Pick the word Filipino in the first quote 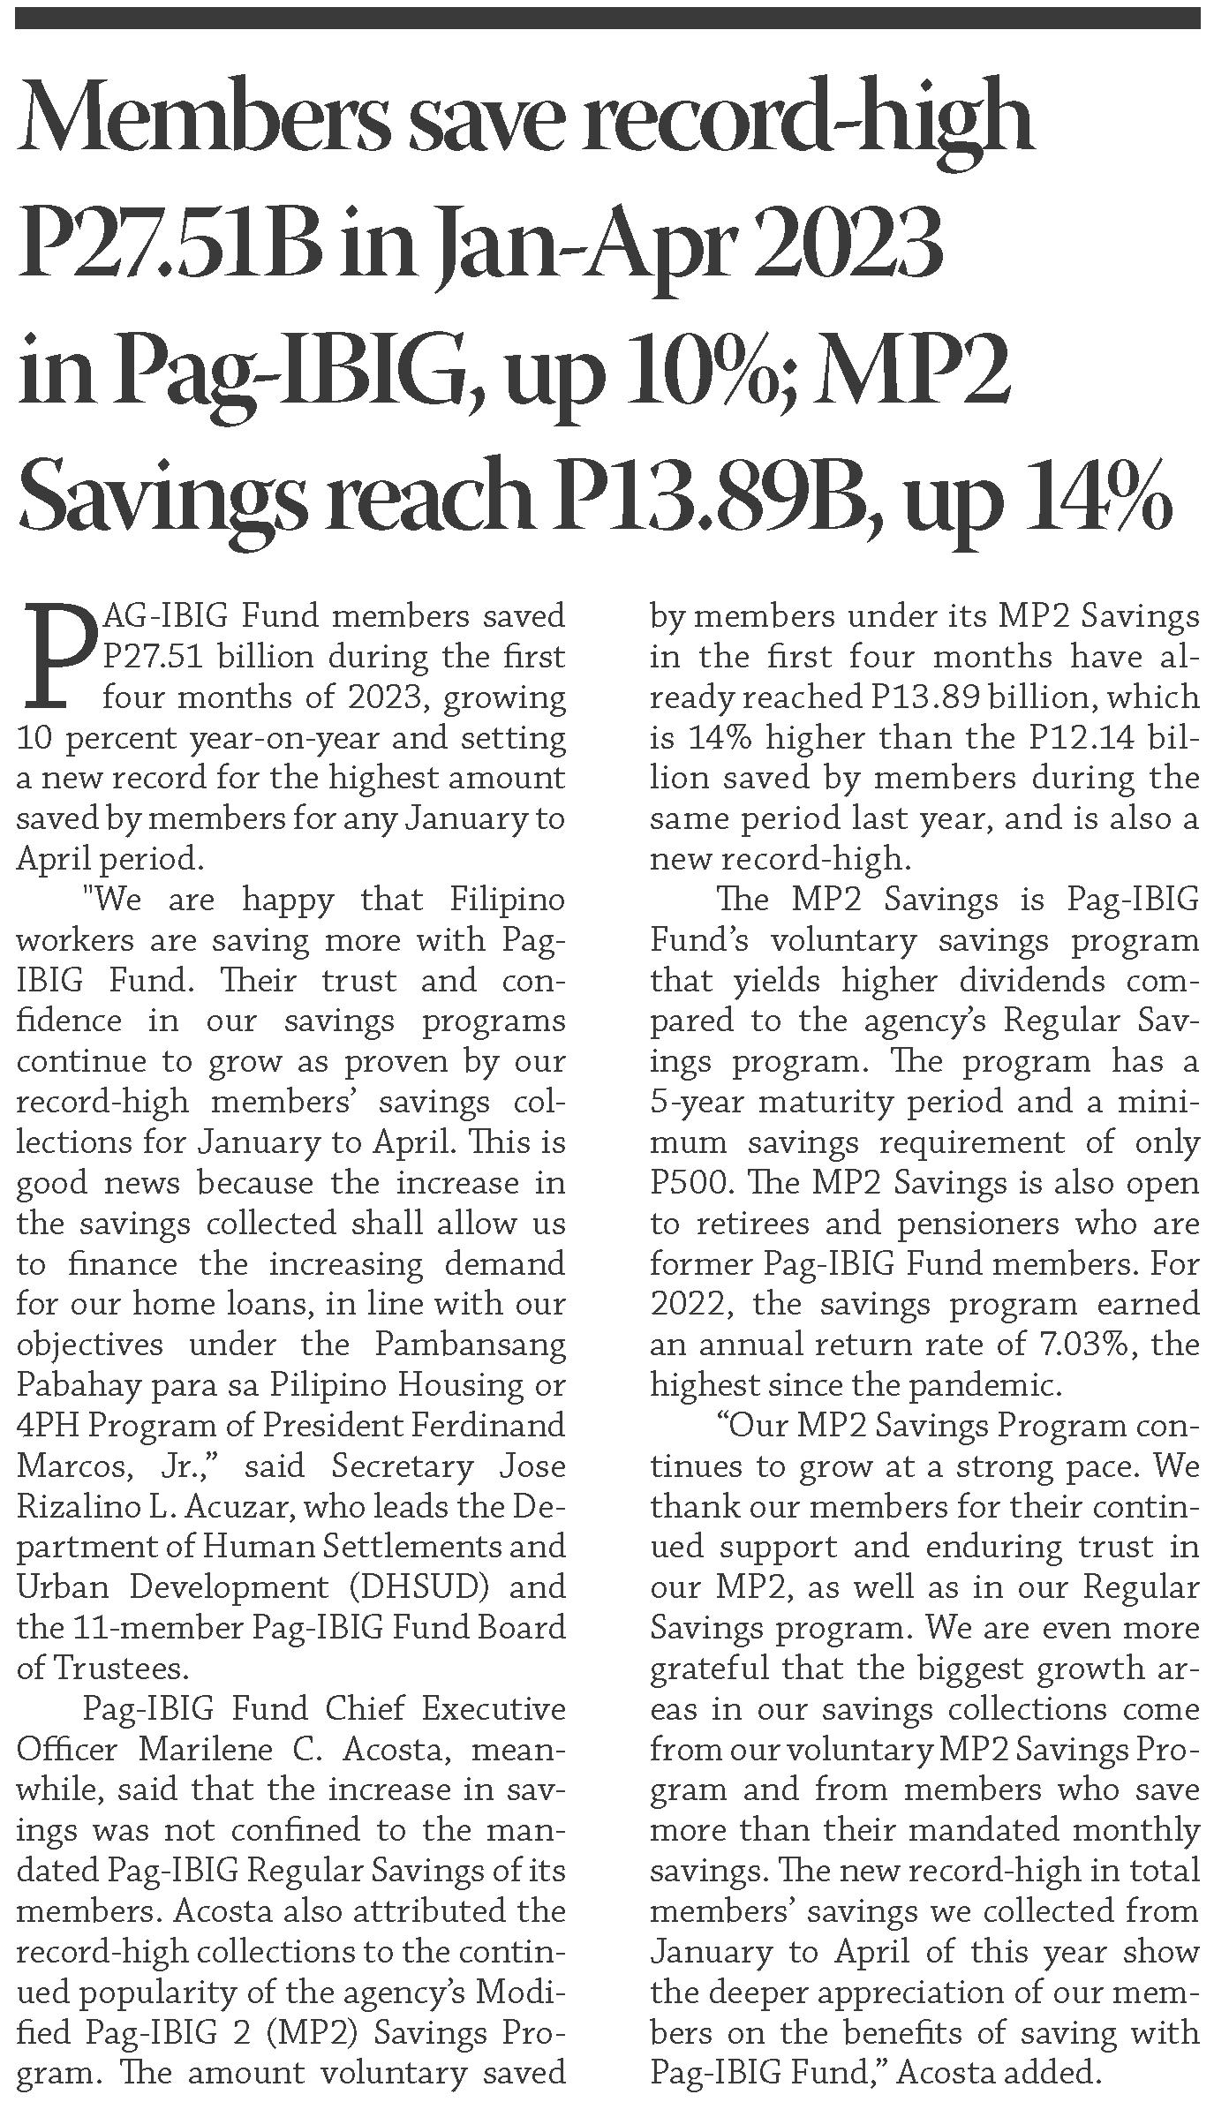[x=507, y=900]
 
